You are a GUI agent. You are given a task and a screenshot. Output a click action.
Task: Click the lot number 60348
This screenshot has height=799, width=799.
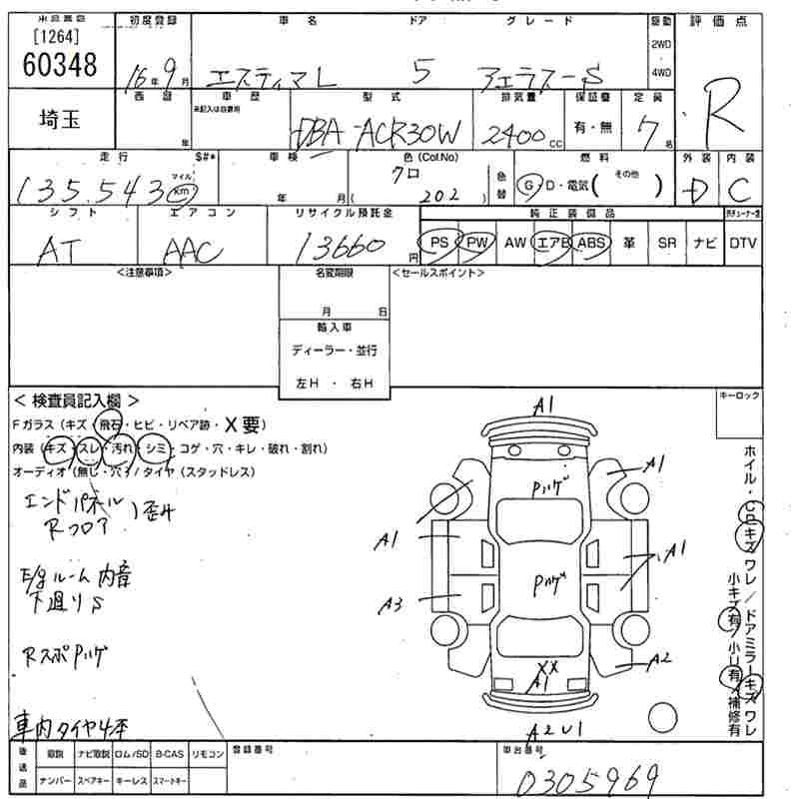point(58,65)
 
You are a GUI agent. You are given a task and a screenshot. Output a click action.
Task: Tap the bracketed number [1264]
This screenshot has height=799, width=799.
point(57,37)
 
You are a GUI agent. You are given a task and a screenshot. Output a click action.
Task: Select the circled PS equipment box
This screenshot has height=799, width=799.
point(437,243)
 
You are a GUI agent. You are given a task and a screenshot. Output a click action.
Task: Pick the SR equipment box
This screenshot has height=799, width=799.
point(667,243)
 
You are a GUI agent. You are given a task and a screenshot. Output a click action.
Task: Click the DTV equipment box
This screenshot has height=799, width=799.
point(742,243)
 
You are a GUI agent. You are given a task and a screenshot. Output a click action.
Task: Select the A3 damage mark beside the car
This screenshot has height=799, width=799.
point(391,604)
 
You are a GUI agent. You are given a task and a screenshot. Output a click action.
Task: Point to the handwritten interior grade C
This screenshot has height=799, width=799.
point(739,187)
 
